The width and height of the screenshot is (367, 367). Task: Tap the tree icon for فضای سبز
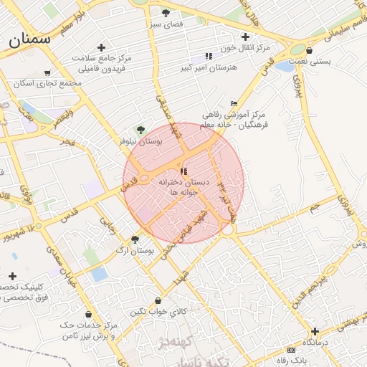(166, 13)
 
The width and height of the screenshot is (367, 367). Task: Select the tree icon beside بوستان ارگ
(135, 240)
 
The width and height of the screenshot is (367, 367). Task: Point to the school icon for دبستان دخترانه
(183, 172)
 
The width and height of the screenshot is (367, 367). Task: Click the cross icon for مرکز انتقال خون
(246, 37)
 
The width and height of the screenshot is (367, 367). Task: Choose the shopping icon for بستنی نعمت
(309, 51)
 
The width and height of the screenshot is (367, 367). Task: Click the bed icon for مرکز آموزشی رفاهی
(234, 104)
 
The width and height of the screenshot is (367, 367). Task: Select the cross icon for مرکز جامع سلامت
(102, 47)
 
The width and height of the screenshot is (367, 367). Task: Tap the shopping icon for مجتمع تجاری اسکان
(47, 73)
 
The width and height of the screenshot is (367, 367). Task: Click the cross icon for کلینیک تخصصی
(12, 276)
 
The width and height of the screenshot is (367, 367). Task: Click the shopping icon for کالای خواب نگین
(158, 301)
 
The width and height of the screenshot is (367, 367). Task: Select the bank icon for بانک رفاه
(291, 349)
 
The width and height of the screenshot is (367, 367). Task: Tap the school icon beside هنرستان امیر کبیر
(209, 56)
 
